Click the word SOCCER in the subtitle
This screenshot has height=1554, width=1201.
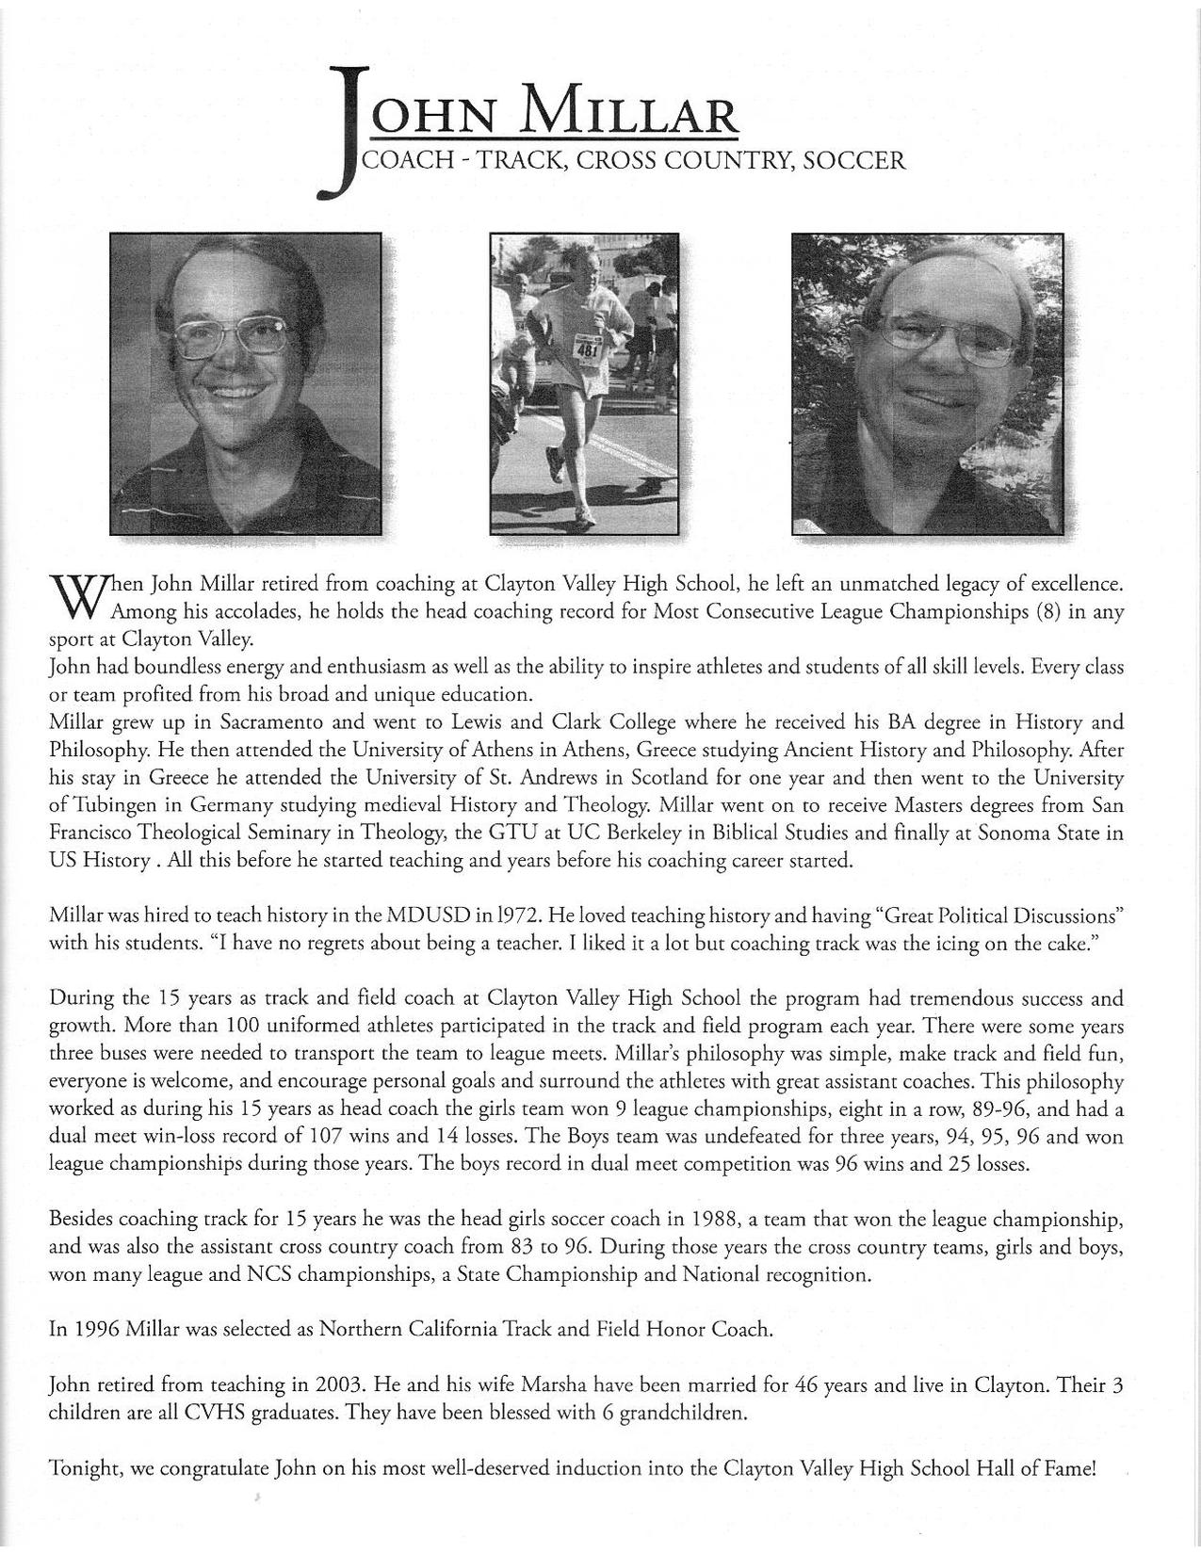click(855, 161)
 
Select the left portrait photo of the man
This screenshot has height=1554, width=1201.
click(246, 383)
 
